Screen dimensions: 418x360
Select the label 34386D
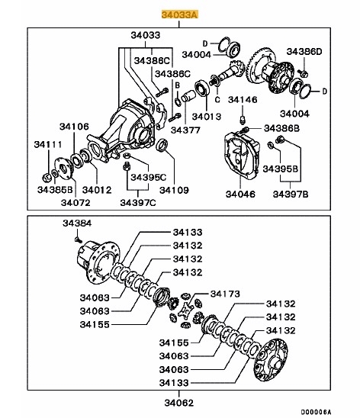point(304,51)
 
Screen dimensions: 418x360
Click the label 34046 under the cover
point(243,195)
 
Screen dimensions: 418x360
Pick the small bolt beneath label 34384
point(77,238)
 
